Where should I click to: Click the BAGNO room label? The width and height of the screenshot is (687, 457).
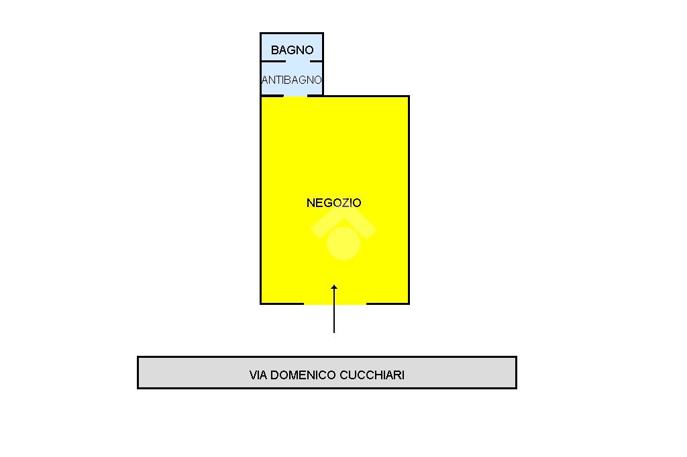click(x=292, y=50)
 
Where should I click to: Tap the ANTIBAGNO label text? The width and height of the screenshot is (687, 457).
click(x=292, y=80)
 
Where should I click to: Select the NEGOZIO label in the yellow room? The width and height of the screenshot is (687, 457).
click(x=334, y=203)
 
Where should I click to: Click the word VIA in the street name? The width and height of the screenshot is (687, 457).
click(x=258, y=375)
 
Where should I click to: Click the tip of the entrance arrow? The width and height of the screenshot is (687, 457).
click(x=334, y=286)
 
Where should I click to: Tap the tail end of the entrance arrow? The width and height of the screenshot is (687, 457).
click(x=334, y=332)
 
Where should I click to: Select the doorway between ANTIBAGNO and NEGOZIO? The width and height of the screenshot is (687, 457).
click(x=295, y=96)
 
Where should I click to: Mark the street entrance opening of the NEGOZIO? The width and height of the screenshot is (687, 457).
click(x=335, y=304)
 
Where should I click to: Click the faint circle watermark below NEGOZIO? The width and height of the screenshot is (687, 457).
click(x=343, y=243)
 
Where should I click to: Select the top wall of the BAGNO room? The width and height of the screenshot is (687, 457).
click(x=292, y=33)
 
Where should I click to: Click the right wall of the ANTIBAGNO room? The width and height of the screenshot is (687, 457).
click(x=323, y=79)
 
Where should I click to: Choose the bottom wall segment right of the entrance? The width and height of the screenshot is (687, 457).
click(x=387, y=304)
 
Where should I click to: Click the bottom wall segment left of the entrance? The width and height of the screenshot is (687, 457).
click(x=282, y=304)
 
